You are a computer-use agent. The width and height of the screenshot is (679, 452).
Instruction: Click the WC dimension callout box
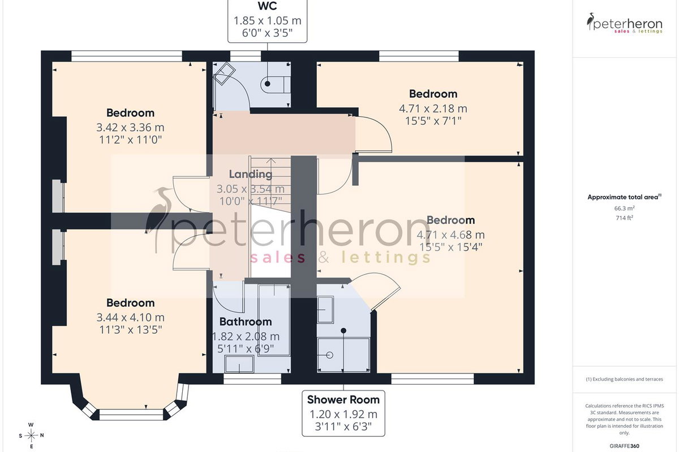tap(267, 21)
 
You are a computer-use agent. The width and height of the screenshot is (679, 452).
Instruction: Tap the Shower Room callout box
tap(343, 413)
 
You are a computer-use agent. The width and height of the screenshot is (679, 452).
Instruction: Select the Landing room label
tap(251, 174)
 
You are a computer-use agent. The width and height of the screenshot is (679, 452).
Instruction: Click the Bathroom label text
tap(246, 321)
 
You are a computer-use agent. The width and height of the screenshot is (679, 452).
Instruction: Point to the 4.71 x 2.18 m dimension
tap(433, 108)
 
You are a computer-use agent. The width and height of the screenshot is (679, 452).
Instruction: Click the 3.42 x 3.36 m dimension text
tap(130, 128)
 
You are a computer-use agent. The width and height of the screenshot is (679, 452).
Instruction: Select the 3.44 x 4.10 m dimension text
tap(131, 318)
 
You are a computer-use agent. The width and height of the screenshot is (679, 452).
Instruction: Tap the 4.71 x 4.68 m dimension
tap(451, 234)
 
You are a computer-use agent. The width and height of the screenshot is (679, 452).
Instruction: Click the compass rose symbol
tap(31, 436)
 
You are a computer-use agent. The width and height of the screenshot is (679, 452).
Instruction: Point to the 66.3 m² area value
tap(625, 208)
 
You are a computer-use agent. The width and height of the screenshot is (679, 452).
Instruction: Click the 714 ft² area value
tap(625, 218)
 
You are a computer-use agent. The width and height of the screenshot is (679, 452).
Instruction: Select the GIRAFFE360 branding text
tap(625, 446)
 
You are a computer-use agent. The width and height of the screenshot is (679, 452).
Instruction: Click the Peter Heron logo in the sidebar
tap(625, 23)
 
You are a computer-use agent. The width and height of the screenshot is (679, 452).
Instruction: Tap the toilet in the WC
tap(275, 84)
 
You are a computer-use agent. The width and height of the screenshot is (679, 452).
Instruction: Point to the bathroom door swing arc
tap(229, 298)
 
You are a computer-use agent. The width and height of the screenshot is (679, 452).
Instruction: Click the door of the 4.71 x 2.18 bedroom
tap(374, 134)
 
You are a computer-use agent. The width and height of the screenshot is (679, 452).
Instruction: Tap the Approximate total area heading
tap(625, 197)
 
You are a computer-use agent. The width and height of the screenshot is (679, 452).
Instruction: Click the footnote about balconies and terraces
tap(625, 379)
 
